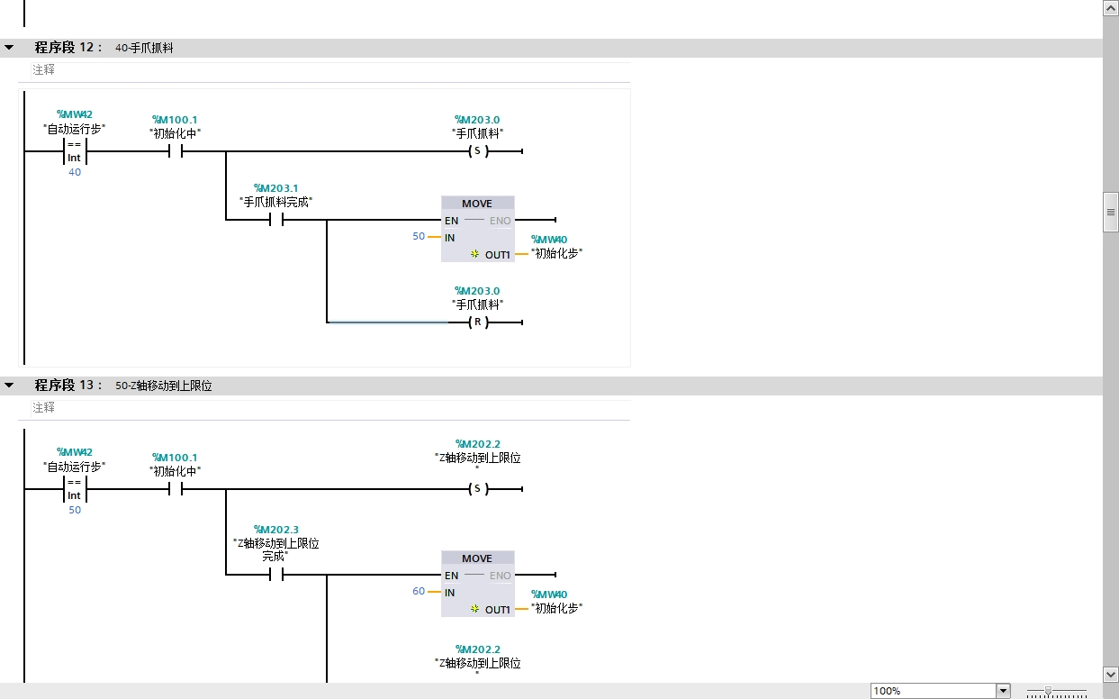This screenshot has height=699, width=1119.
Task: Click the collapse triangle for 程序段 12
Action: click(9, 48)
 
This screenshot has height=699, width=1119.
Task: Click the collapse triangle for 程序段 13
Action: click(9, 386)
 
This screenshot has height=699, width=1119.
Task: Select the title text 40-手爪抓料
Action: click(144, 49)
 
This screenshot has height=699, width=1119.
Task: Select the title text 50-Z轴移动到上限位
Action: click(164, 386)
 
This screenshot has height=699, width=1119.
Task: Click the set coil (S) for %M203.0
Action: click(477, 151)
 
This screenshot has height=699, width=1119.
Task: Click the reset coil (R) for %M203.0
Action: click(477, 322)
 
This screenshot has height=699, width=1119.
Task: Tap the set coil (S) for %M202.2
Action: click(477, 489)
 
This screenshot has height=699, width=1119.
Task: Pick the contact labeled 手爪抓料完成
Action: click(276, 219)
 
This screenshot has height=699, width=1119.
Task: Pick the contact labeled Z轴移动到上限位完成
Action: click(276, 575)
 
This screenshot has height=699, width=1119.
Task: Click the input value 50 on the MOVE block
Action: click(419, 237)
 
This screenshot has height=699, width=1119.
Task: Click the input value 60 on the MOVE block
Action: click(419, 592)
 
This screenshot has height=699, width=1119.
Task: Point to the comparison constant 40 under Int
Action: click(75, 172)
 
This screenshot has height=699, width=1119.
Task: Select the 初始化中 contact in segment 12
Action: click(175, 151)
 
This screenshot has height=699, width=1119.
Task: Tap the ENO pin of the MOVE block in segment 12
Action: click(500, 221)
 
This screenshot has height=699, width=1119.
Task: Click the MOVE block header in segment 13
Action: click(477, 558)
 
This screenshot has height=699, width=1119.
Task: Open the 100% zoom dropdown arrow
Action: click(1003, 691)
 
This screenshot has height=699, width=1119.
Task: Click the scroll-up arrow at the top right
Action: click(1111, 7)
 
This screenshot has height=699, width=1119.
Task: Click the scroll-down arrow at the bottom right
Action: click(1111, 674)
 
